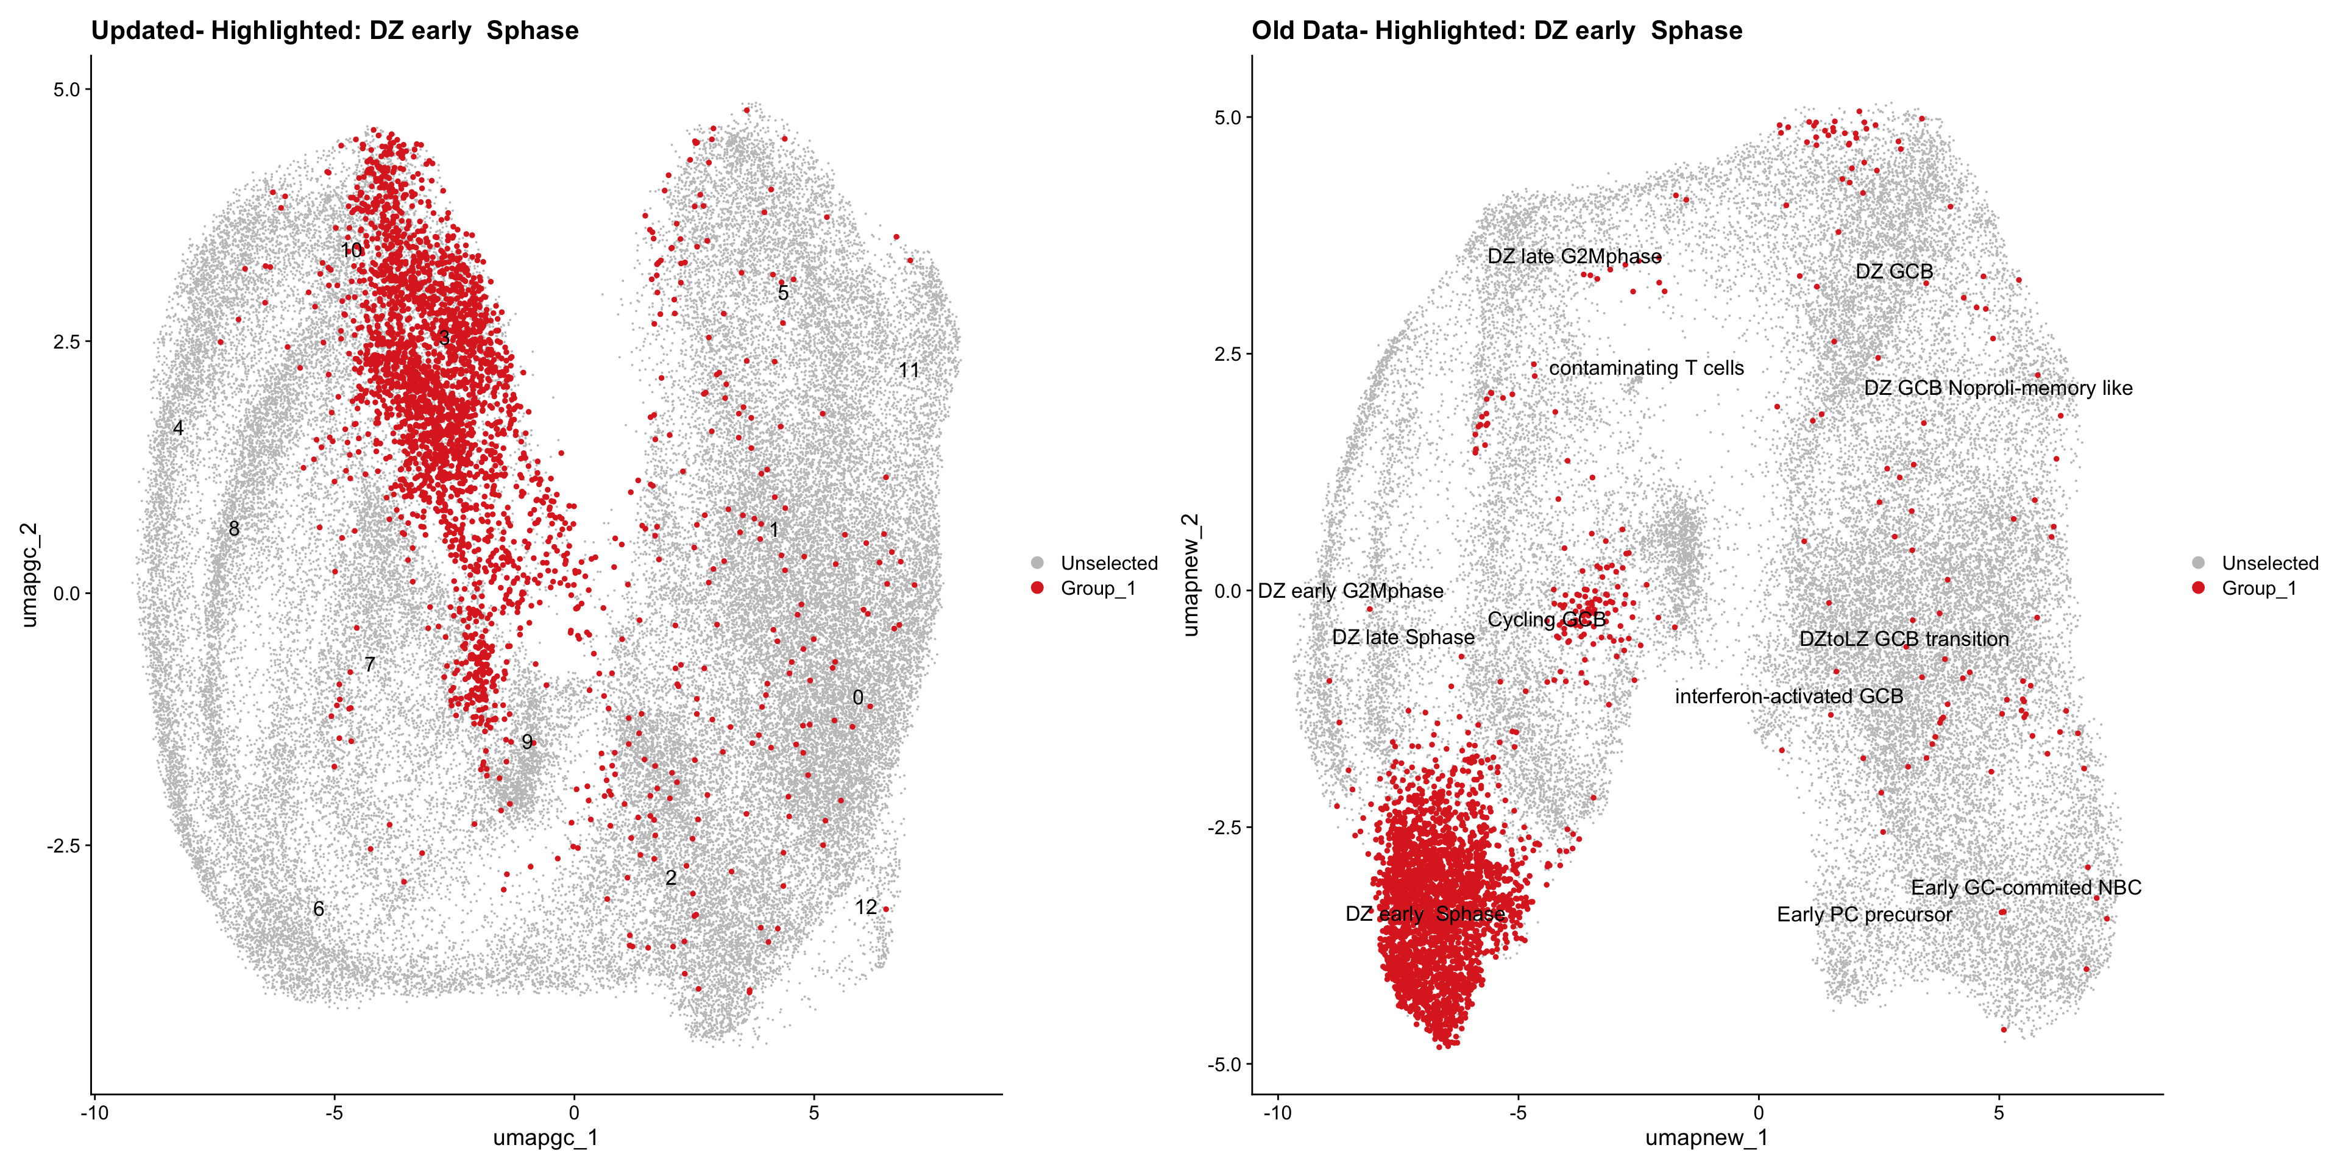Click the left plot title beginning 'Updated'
tap(335, 31)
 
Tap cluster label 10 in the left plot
tap(352, 250)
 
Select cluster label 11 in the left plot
tap(909, 370)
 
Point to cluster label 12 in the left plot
tap(866, 907)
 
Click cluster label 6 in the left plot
tap(318, 909)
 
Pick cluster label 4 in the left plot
tap(178, 428)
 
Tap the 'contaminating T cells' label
tap(1646, 368)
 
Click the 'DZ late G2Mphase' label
tap(1573, 256)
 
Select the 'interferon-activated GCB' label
tap(1789, 696)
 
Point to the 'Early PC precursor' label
tap(1864, 914)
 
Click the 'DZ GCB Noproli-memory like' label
tap(1998, 388)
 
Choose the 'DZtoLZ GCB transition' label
tap(1903, 639)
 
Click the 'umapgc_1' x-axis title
tap(545, 1137)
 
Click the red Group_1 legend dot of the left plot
tap(1037, 587)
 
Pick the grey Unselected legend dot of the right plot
tap(2198, 563)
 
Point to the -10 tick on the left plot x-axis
tap(94, 1112)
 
